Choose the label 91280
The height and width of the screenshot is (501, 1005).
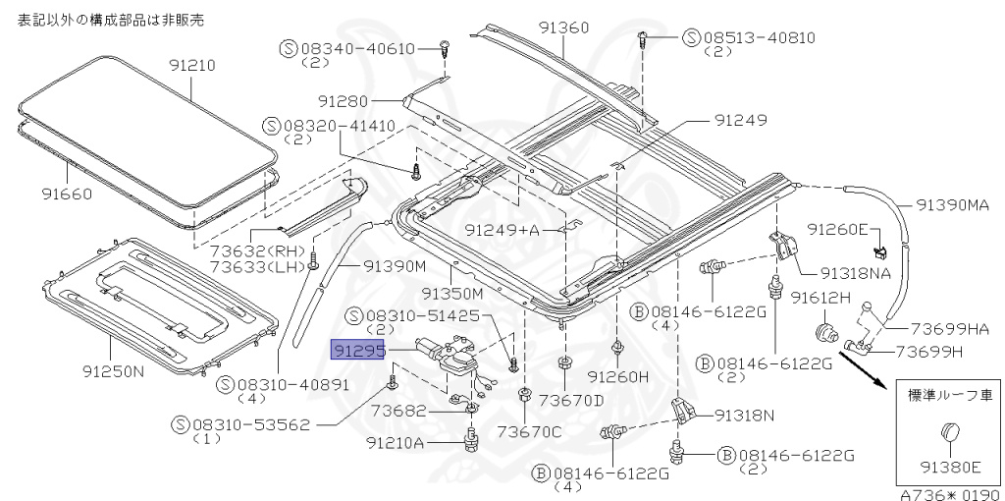pos(343,101)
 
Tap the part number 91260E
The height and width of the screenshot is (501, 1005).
pos(837,229)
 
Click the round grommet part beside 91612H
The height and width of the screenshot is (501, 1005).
pos(825,332)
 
